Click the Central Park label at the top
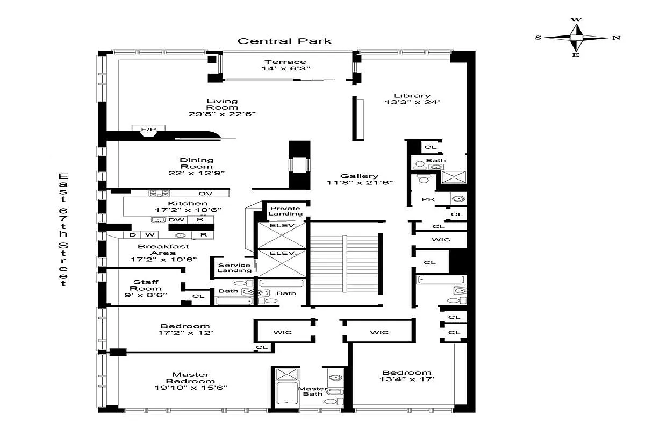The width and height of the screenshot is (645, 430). [285, 41]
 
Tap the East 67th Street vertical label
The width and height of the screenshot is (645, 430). [63, 230]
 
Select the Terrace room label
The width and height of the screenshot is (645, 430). [285, 62]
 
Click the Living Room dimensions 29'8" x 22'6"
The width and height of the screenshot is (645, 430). [223, 114]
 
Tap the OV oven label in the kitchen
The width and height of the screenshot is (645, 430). [205, 193]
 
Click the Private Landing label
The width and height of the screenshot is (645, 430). [286, 211]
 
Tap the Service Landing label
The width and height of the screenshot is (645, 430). [234, 267]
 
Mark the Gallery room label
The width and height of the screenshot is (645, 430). [359, 176]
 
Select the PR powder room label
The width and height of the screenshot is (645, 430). [428, 199]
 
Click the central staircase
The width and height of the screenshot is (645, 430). [344, 263]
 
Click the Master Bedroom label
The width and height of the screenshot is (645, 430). [191, 378]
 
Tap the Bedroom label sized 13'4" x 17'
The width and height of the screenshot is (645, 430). [406, 372]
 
